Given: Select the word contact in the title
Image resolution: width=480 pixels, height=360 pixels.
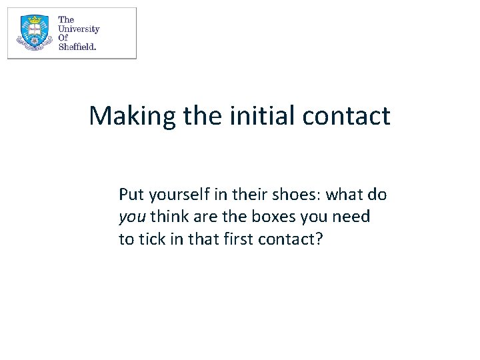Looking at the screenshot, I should (x=346, y=116).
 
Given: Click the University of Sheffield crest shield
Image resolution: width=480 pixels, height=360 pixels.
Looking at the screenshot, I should (x=34, y=33).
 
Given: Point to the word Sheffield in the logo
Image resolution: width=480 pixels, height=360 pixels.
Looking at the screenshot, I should (x=77, y=47).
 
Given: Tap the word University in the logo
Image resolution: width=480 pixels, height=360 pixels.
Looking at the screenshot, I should (x=79, y=29).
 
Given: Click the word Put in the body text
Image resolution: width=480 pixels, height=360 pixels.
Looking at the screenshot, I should (x=131, y=195).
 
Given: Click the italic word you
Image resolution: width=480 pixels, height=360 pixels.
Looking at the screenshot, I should (x=132, y=217).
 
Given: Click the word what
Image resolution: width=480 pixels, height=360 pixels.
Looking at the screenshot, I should (x=345, y=195).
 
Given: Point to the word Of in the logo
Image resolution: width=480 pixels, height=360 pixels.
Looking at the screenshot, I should (x=63, y=38).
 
